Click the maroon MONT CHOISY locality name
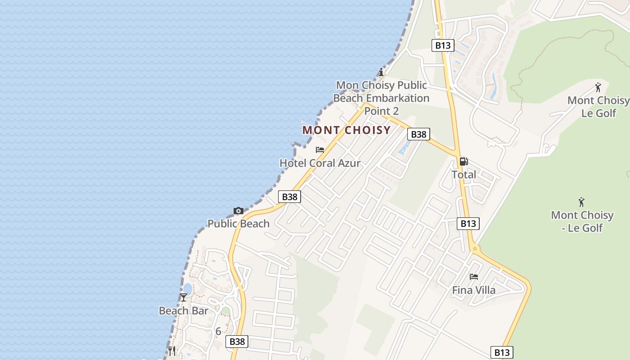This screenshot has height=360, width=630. click(x=346, y=130)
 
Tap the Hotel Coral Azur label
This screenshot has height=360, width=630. click(x=320, y=163)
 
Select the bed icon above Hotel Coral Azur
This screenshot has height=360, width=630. click(x=320, y=150)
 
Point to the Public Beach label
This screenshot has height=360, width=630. click(x=238, y=224)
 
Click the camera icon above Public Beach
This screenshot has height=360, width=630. click(x=238, y=211)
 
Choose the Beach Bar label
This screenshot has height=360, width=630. click(x=184, y=310)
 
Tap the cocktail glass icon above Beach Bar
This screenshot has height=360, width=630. click(x=184, y=297)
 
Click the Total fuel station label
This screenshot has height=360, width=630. click(x=463, y=174)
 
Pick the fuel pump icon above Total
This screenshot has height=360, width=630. click(x=463, y=161)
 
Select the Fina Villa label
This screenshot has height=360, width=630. click(x=473, y=290)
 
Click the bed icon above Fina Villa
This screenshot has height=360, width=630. click(x=473, y=276)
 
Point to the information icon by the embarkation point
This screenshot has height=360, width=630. click(x=381, y=72)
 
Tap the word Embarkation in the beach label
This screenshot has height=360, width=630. click(x=397, y=98)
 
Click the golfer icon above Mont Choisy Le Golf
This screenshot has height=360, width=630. click(x=598, y=87)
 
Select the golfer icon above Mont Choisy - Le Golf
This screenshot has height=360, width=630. click(x=582, y=202)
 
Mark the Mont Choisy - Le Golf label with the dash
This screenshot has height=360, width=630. click(x=582, y=221)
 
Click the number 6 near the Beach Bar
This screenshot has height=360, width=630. click(x=218, y=332)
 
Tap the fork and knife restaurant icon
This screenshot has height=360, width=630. click(x=171, y=350)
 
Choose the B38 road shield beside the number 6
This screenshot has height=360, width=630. click(x=237, y=342)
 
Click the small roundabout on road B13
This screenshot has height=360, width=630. click(x=474, y=248)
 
